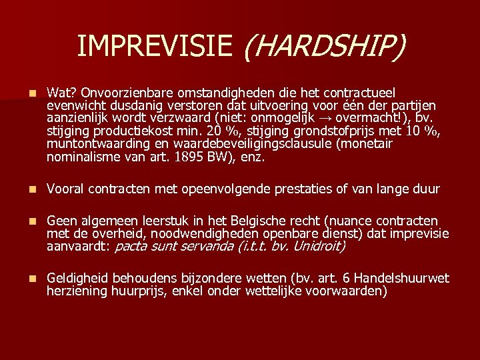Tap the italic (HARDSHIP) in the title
324,47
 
